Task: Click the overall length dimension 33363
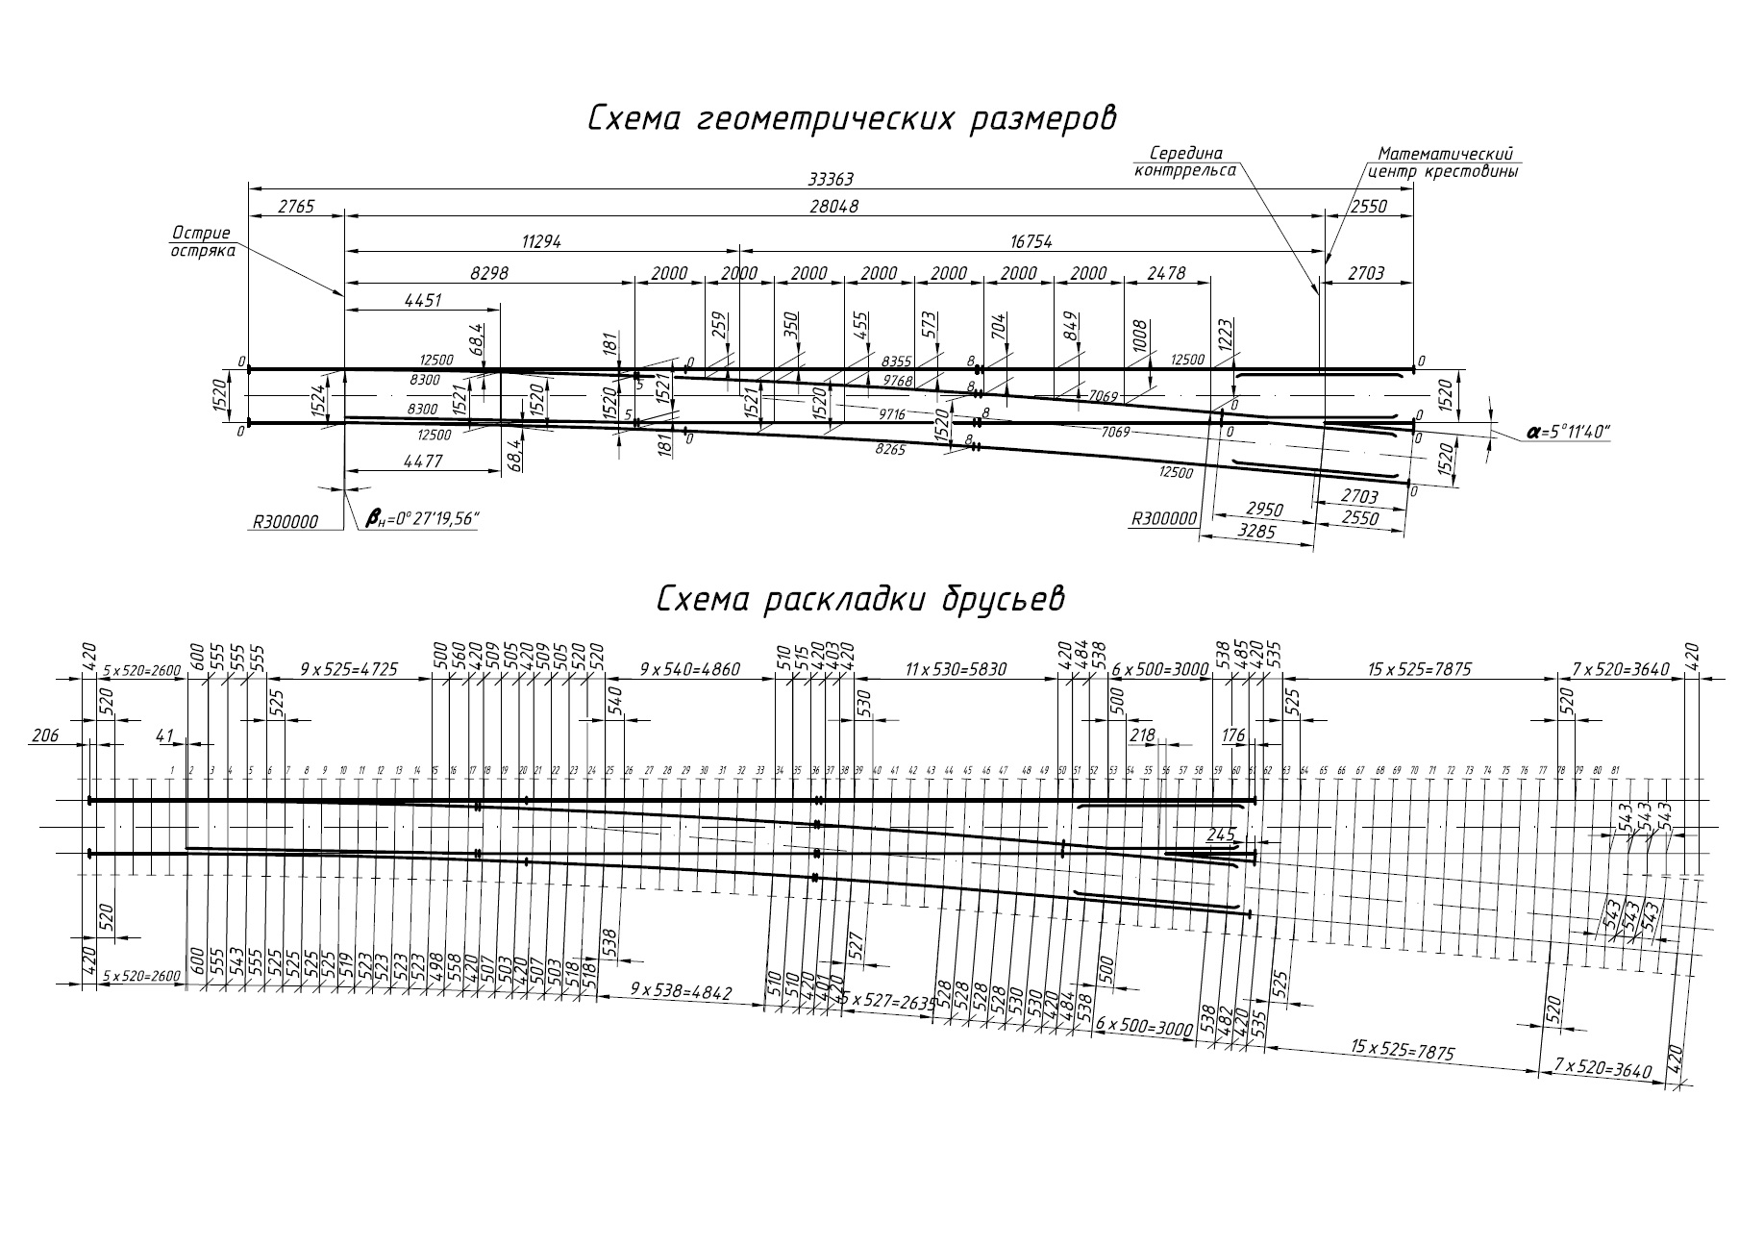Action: click(x=831, y=179)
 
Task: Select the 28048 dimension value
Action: click(x=833, y=207)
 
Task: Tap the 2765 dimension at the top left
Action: click(x=295, y=207)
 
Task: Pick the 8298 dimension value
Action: click(x=488, y=273)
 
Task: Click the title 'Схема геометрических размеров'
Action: click(x=853, y=119)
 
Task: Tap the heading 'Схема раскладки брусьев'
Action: click(x=860, y=598)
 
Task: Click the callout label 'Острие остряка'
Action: click(x=201, y=241)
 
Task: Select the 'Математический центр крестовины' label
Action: click(x=1444, y=163)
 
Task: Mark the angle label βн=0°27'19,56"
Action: click(x=422, y=520)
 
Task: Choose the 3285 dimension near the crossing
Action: click(x=1255, y=530)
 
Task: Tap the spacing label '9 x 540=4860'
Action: click(x=690, y=669)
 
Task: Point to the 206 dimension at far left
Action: click(x=45, y=735)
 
